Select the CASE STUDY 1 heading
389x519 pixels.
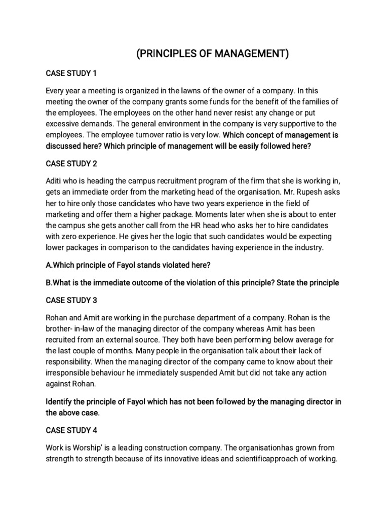pos(71,73)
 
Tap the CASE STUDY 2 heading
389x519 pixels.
pos(71,164)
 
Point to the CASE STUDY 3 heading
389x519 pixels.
pos(71,300)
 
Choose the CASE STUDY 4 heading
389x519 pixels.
pos(71,430)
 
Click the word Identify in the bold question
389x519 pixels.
pos(60,402)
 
